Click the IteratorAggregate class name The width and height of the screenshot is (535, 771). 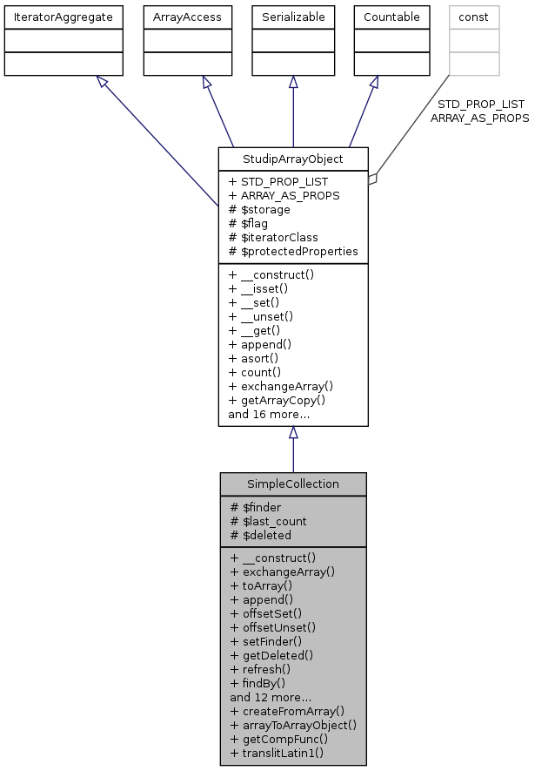click(x=62, y=17)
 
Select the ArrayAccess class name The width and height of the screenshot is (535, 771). click(x=182, y=17)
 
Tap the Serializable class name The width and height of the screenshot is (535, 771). click(x=293, y=17)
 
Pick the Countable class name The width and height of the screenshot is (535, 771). click(x=391, y=17)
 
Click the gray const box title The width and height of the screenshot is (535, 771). click(x=474, y=17)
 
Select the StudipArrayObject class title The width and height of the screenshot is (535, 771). click(x=293, y=159)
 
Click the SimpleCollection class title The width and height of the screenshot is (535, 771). click(x=293, y=484)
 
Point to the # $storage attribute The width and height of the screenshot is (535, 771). click(x=259, y=209)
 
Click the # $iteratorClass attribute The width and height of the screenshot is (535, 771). click(x=272, y=237)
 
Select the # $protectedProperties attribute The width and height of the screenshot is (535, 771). click(x=292, y=251)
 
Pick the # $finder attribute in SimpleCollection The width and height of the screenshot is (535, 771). click(x=255, y=507)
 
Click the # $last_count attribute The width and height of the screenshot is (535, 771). click(x=268, y=521)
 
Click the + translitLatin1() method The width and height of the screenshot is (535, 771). click(x=277, y=752)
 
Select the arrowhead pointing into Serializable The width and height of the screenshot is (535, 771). click(x=293, y=81)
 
